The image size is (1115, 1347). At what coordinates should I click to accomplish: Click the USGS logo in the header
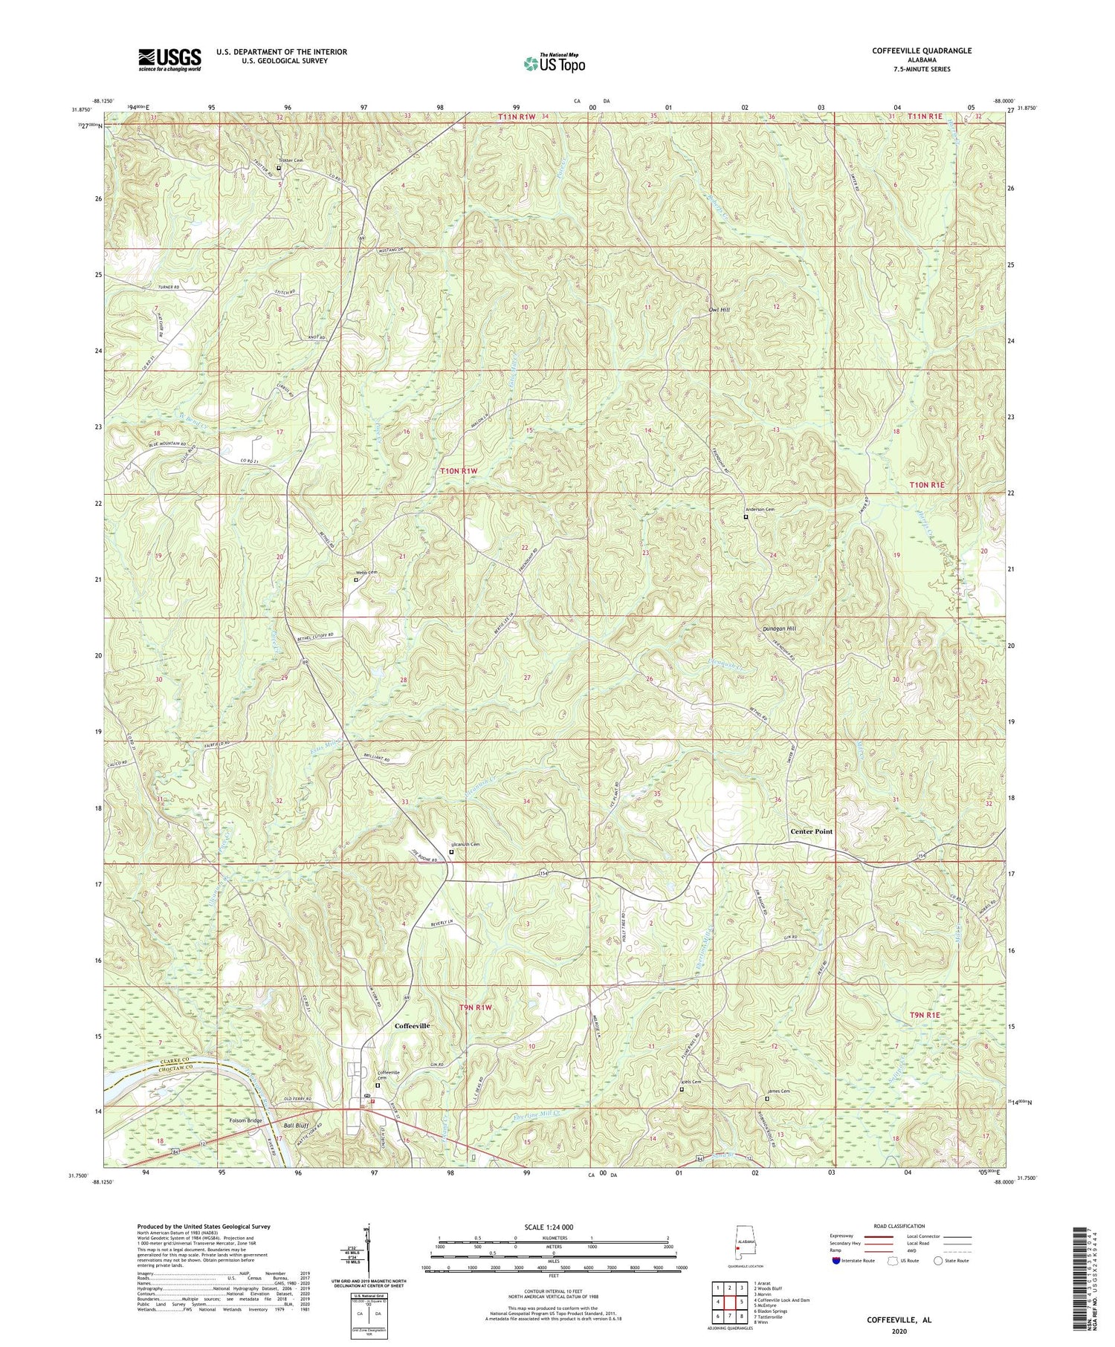(x=169, y=59)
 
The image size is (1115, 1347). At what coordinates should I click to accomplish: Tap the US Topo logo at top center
(x=554, y=64)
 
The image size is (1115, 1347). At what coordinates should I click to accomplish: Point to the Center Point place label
(x=811, y=831)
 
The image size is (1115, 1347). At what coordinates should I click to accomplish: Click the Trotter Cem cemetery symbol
(x=279, y=168)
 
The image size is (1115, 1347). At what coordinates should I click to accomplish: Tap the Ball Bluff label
(x=296, y=1126)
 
